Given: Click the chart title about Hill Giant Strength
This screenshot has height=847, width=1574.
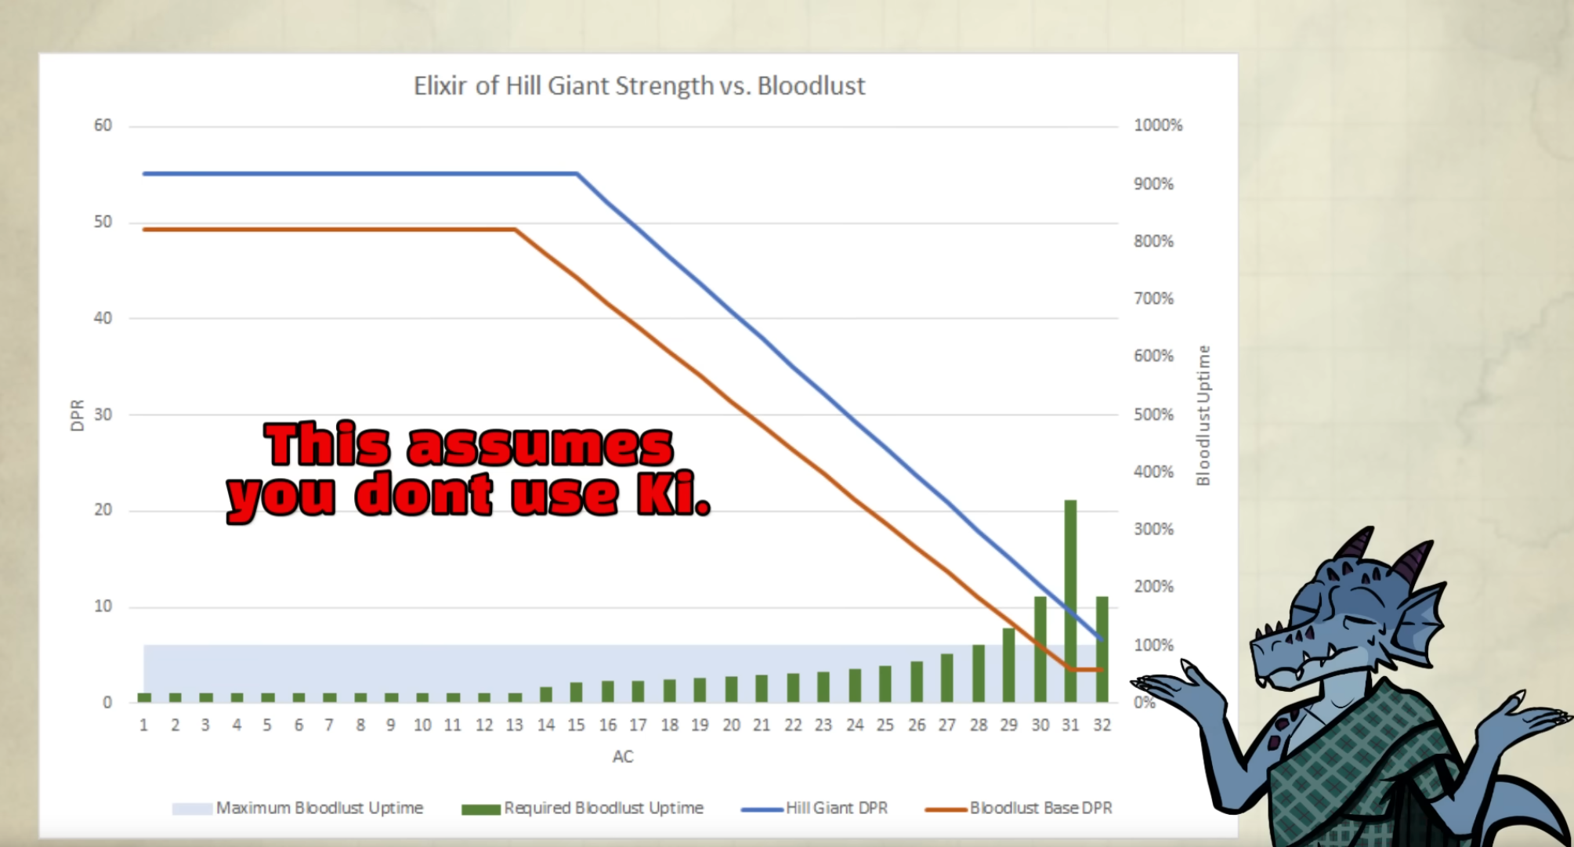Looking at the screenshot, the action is click(x=639, y=85).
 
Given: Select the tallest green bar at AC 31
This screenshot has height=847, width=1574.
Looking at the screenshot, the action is click(x=1070, y=601).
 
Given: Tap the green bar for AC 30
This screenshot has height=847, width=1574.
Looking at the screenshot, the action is click(x=1040, y=650).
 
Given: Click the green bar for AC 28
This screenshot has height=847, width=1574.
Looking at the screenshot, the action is click(x=979, y=673).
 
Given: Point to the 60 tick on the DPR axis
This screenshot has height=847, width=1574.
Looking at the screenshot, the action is click(x=103, y=125).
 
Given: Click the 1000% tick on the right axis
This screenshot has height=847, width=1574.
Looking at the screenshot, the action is click(x=1158, y=125).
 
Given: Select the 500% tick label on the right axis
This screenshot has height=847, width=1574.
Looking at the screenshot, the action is click(x=1153, y=414).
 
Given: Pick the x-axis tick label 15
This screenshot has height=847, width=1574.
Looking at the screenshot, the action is click(x=577, y=726).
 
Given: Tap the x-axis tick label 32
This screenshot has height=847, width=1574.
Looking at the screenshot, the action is click(x=1102, y=726).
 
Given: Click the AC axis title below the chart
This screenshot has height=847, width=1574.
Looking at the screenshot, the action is click(x=623, y=757).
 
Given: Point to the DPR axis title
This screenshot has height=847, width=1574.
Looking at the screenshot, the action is click(x=77, y=415).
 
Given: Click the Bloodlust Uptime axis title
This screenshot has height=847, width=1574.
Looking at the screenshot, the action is click(x=1203, y=415).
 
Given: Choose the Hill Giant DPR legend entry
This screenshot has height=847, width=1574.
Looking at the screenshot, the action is click(x=815, y=808).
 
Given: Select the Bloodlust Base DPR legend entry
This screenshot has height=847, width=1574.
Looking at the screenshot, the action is click(x=1019, y=808).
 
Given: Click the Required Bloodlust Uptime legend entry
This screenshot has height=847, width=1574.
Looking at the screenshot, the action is click(x=583, y=808).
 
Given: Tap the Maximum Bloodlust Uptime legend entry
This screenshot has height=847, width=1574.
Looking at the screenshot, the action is click(x=298, y=808).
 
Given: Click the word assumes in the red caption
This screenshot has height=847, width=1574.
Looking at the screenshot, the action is click(x=540, y=446).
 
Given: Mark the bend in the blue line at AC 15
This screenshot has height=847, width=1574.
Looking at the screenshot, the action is click(x=577, y=173).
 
